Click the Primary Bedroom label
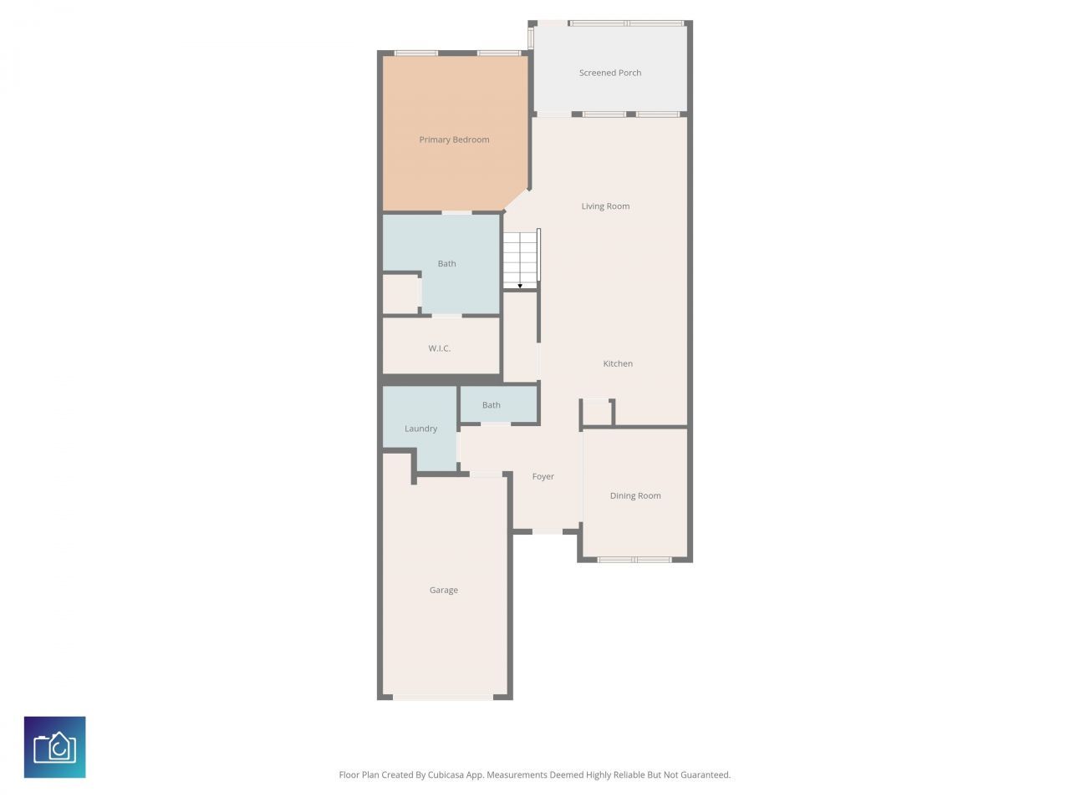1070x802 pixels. click(454, 140)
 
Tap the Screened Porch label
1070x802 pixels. click(610, 73)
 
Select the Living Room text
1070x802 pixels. click(605, 206)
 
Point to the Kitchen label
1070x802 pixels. click(618, 363)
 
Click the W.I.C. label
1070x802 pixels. click(440, 348)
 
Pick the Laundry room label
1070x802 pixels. click(420, 429)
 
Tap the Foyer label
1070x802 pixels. click(543, 476)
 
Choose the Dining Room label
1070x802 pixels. click(635, 495)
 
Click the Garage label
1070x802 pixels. click(443, 590)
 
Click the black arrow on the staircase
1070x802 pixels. click(520, 286)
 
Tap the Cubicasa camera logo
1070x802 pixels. click(55, 747)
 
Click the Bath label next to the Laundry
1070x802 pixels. click(492, 405)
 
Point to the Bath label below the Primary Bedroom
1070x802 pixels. click(447, 263)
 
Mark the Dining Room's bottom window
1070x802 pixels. click(634, 559)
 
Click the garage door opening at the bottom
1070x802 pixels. click(443, 697)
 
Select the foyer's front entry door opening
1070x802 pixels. click(548, 531)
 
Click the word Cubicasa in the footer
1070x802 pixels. click(446, 775)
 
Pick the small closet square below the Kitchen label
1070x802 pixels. click(597, 413)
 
